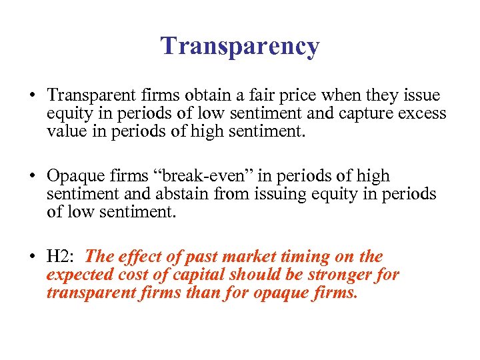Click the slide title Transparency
240,47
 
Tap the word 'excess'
421,114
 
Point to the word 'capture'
366,114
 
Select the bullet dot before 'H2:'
32,257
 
